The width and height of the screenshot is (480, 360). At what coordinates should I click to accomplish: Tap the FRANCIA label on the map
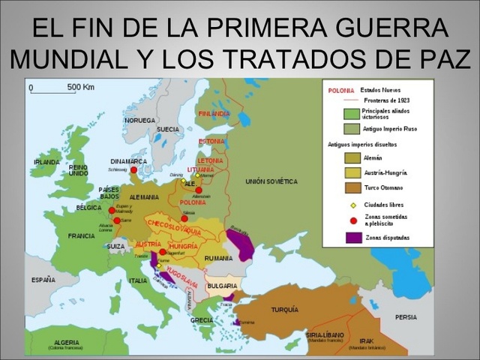click(82, 235)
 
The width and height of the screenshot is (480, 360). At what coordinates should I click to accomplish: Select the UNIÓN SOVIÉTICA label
click(271, 181)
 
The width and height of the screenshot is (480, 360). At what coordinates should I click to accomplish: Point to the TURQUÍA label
click(284, 309)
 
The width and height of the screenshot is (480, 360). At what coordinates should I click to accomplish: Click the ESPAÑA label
click(43, 280)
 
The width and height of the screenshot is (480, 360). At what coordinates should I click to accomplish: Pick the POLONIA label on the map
click(193, 202)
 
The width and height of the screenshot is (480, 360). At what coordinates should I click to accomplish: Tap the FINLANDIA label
click(214, 114)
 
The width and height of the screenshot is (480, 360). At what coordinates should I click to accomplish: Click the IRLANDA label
click(46, 162)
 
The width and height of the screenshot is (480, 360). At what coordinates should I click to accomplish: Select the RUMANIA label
click(219, 258)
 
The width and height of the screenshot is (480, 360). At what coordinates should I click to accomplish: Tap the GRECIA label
click(201, 319)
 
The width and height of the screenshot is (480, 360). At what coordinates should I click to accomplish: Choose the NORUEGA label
click(140, 120)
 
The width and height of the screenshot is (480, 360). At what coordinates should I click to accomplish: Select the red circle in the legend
click(352, 220)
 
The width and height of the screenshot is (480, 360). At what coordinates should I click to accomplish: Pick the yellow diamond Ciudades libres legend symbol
click(352, 204)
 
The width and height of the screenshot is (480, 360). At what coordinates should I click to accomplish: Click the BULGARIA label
click(222, 286)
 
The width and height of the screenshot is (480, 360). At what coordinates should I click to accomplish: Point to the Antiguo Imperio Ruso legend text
click(389, 129)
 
